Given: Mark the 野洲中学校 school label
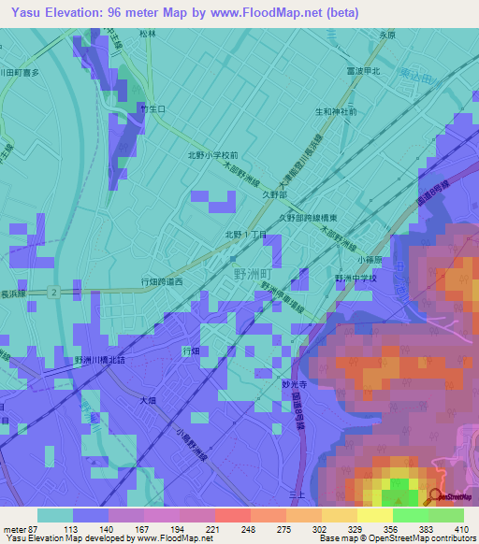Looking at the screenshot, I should (356, 279).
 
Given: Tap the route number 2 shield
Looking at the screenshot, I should (54, 293).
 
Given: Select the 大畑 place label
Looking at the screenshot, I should (147, 400).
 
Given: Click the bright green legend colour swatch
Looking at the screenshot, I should (410, 515).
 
